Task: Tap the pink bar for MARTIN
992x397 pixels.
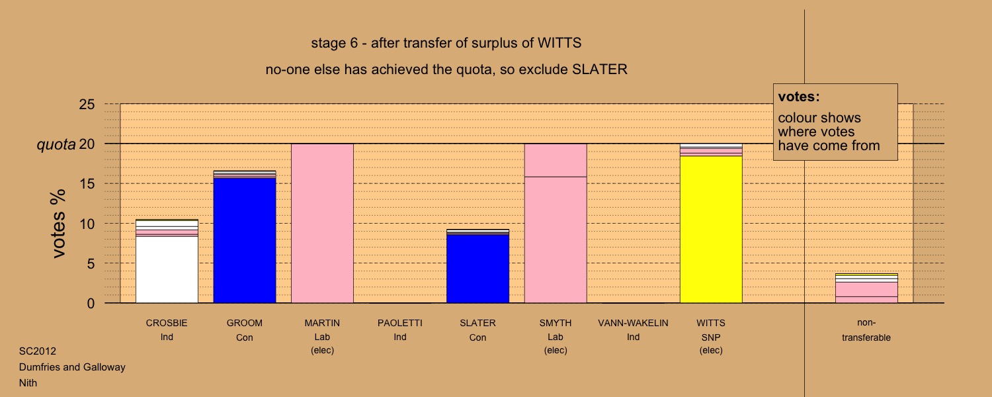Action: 323,224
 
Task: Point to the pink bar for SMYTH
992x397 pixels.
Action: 556,224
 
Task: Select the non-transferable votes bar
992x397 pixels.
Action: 866,288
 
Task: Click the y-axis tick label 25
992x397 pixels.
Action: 87,104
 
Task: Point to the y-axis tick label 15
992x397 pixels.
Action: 87,183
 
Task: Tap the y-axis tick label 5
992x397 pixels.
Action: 91,263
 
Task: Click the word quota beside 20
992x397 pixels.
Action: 56,145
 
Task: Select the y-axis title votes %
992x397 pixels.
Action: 58,224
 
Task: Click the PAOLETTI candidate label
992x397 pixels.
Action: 400,323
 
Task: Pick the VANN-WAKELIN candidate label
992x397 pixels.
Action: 634,323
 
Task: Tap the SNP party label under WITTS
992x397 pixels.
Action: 711,337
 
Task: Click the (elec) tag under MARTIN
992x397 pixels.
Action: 323,351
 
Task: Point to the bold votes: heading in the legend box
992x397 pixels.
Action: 799,97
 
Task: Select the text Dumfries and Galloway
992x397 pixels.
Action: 72,367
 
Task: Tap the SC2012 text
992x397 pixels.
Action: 38,351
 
